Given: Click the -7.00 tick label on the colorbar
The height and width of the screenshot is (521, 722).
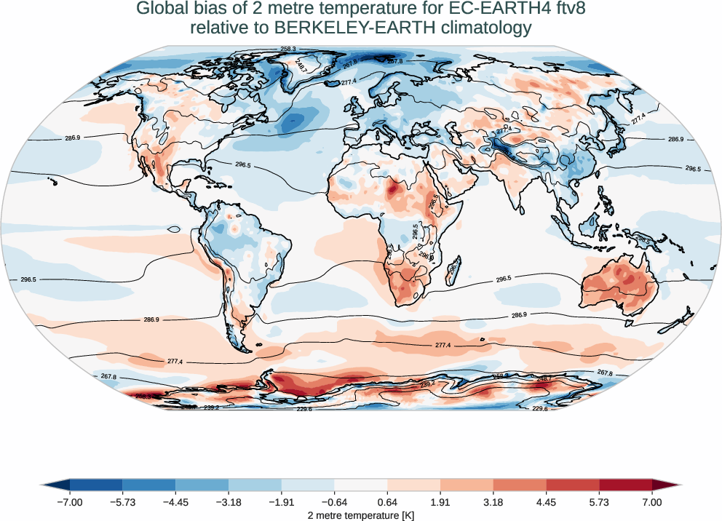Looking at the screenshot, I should pyautogui.click(x=71, y=502).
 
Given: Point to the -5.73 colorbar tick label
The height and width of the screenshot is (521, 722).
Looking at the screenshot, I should pyautogui.click(x=123, y=502).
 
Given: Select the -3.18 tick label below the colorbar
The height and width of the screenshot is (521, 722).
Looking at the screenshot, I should pyautogui.click(x=229, y=502).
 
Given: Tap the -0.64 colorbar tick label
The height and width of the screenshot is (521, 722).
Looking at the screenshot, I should pyautogui.click(x=334, y=502).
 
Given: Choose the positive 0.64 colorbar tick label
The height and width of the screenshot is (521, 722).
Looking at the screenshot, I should pyautogui.click(x=388, y=502).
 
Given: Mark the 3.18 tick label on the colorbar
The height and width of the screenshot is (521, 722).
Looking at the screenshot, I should pyautogui.click(x=493, y=502).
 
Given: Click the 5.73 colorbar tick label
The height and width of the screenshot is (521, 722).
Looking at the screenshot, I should pyautogui.click(x=599, y=502).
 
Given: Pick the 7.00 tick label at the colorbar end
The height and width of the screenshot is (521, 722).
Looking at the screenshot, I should pyautogui.click(x=652, y=502).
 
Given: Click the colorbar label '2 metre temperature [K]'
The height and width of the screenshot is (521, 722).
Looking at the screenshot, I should pyautogui.click(x=361, y=514).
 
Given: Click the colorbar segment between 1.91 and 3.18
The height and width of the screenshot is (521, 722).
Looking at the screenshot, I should pyautogui.click(x=467, y=485).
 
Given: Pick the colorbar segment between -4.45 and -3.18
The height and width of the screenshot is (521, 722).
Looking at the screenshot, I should pyautogui.click(x=202, y=485).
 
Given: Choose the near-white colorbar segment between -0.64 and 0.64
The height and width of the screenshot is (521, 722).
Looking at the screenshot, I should pyautogui.click(x=361, y=485).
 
